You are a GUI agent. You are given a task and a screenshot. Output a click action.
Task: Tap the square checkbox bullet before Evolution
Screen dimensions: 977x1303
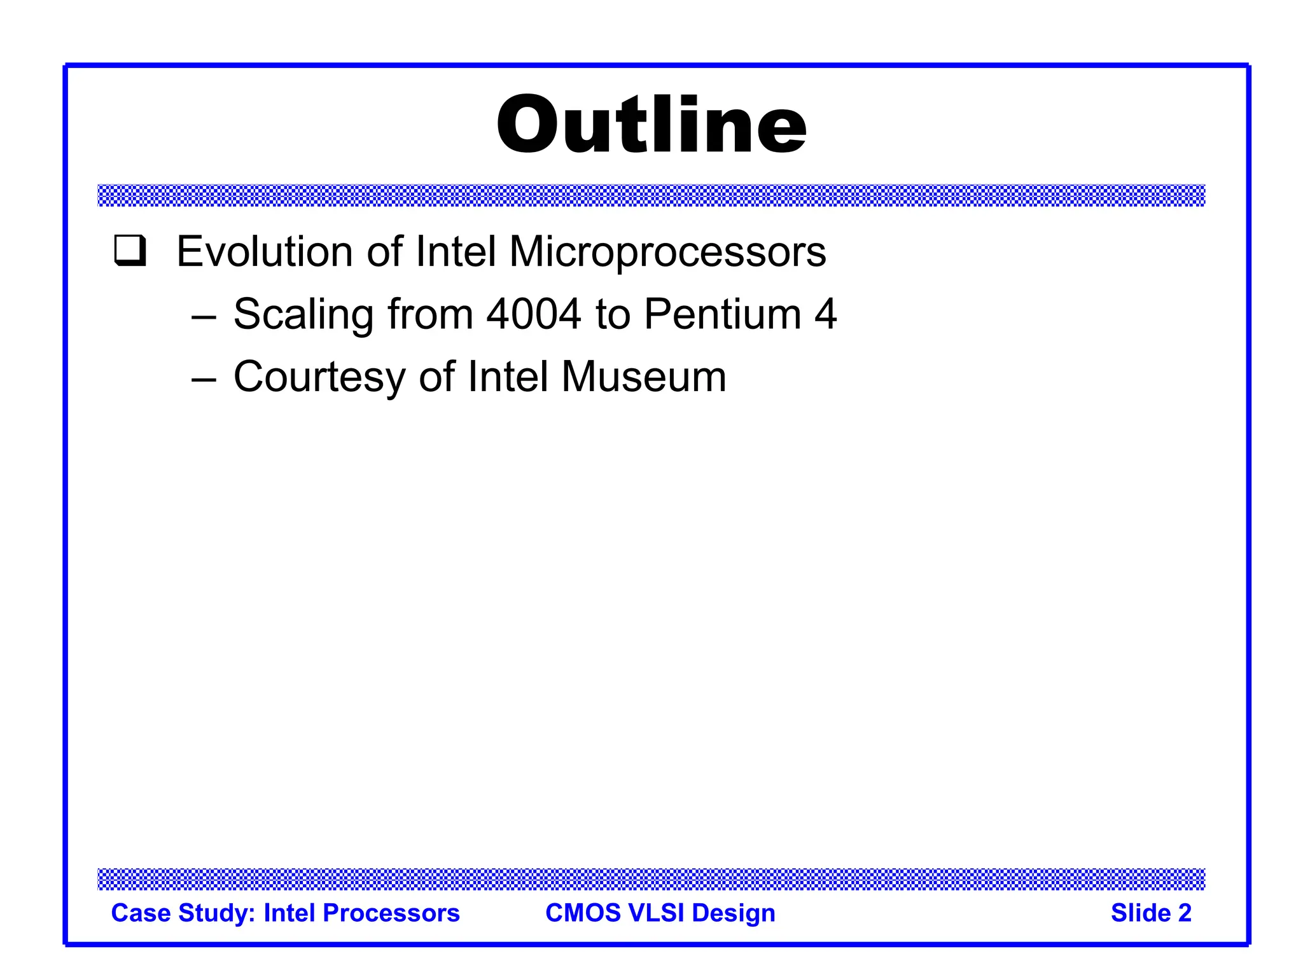coord(130,251)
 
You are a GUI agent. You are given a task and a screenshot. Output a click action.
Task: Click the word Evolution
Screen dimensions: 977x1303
coord(264,251)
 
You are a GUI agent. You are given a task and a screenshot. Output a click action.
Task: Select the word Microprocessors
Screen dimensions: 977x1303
coord(667,251)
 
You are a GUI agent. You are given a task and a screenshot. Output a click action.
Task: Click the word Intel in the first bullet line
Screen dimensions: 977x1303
coord(456,251)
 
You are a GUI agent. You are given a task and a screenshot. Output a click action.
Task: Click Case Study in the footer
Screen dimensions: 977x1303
coord(183,913)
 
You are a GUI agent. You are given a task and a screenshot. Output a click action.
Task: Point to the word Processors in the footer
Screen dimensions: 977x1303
coord(391,913)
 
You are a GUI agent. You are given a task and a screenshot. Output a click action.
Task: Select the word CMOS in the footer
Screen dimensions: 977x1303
coord(582,913)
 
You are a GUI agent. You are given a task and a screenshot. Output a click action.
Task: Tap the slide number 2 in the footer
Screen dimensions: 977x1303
coord(1184,913)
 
